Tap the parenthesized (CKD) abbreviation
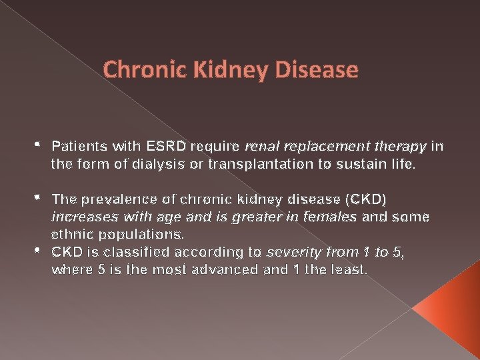click(371, 199)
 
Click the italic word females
click(331, 217)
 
